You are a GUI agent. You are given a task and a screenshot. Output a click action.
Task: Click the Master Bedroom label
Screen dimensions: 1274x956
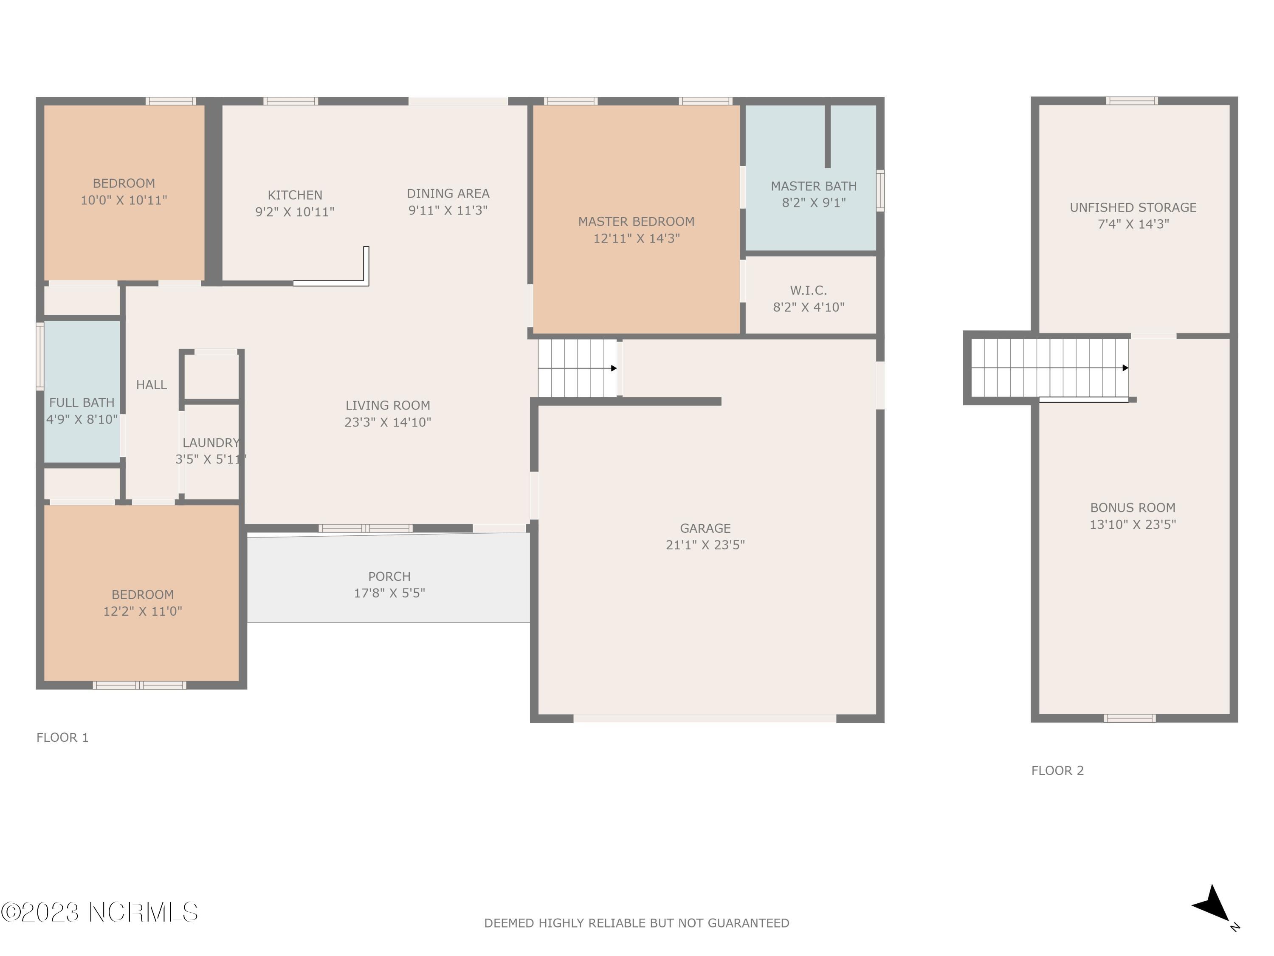click(637, 221)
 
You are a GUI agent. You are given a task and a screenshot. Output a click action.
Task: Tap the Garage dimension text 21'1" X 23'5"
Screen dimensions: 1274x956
click(705, 545)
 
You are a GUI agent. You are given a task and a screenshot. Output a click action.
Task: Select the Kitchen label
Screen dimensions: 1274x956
click(295, 195)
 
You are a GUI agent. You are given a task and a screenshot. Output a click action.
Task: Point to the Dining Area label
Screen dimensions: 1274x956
click(448, 194)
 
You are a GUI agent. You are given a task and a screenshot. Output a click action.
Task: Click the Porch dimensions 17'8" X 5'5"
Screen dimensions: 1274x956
click(389, 593)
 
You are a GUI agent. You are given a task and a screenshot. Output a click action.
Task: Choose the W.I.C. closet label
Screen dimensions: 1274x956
click(809, 291)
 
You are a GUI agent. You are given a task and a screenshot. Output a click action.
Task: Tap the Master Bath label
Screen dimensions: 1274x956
click(814, 186)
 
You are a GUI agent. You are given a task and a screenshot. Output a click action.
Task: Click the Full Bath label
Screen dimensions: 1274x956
click(82, 403)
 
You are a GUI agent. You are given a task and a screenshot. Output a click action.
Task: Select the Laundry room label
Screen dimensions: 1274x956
click(211, 443)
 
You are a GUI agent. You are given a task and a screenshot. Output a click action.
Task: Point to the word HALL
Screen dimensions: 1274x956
click(152, 385)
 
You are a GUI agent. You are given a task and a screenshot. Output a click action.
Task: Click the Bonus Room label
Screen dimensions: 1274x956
click(1133, 508)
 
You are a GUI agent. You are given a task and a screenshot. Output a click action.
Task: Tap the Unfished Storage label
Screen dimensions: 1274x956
click(1133, 207)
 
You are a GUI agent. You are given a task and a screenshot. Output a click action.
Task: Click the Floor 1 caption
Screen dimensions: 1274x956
click(62, 738)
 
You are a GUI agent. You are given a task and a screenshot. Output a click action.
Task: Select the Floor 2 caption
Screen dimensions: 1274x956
click(1057, 770)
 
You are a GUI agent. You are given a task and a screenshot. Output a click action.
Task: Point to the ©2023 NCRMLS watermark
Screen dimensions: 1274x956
click(100, 912)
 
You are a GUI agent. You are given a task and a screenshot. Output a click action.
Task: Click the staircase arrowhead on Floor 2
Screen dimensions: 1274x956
click(1125, 368)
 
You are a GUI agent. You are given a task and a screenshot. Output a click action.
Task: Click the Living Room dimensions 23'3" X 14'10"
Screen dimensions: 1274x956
click(388, 422)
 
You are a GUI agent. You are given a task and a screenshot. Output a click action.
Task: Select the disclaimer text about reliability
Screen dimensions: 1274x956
click(637, 923)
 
